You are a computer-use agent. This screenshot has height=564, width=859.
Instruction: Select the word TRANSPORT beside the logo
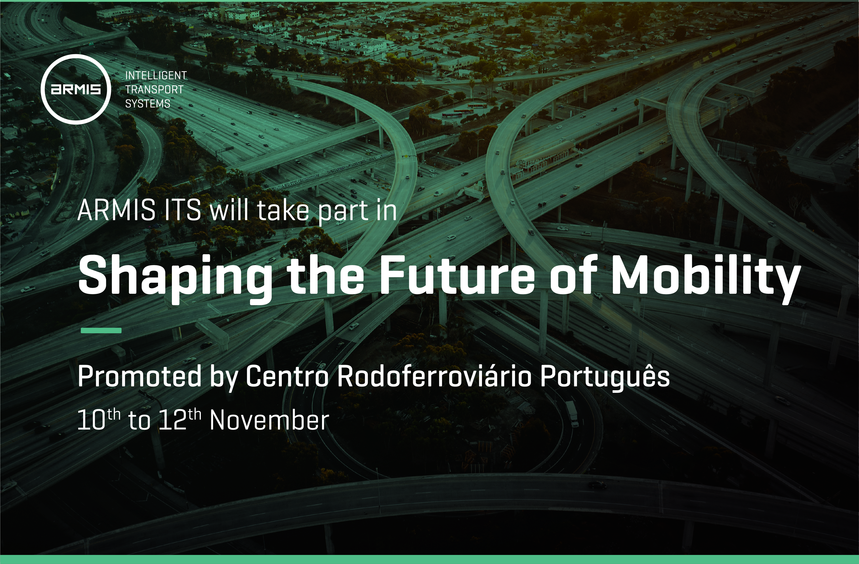[154, 90]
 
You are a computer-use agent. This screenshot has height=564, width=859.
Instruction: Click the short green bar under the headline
[101, 330]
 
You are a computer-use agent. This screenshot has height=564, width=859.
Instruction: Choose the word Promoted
[139, 376]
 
